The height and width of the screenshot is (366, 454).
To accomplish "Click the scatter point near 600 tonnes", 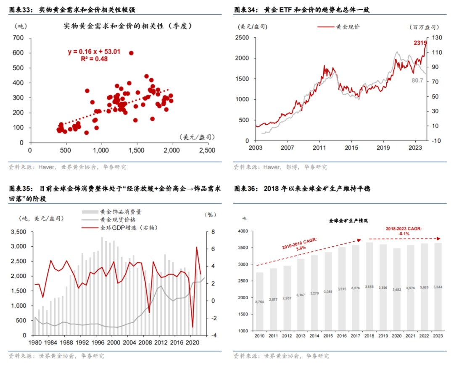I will pos(131,53).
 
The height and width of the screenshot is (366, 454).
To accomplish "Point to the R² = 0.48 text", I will pos(94,59).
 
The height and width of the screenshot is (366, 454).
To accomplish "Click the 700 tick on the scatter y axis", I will pos(18,38).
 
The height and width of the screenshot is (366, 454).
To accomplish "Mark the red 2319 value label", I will pos(420,43).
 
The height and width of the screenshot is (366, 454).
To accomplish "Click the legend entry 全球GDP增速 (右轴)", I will pos(126,227).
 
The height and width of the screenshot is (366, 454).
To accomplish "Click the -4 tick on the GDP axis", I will pos(214,335).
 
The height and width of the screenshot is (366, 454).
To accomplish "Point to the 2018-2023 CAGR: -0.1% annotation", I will pos(404,231).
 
